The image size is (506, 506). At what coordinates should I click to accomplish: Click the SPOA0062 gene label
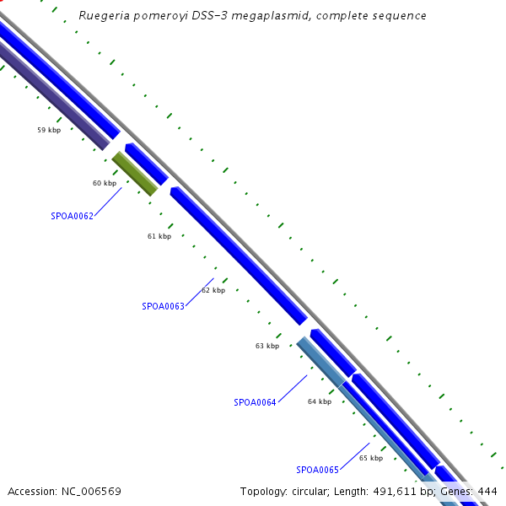pos(72,216)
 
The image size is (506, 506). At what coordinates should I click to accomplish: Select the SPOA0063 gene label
pos(163,306)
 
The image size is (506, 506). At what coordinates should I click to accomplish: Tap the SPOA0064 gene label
pos(255,402)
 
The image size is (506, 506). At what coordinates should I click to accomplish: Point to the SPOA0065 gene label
pos(317,470)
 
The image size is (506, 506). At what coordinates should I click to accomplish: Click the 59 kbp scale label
pos(49,130)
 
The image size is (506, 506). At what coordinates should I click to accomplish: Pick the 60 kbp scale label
pos(104,183)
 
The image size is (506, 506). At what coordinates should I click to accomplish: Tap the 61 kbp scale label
pos(159,236)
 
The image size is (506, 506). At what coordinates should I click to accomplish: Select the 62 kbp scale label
pos(213,290)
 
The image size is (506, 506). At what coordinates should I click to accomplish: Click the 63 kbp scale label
pos(266,346)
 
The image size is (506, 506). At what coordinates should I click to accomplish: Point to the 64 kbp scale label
pos(319,401)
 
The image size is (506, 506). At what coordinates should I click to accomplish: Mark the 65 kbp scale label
pos(370,458)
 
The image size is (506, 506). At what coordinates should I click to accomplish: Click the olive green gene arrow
pos(135,174)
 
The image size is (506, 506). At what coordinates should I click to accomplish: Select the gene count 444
pos(487,491)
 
